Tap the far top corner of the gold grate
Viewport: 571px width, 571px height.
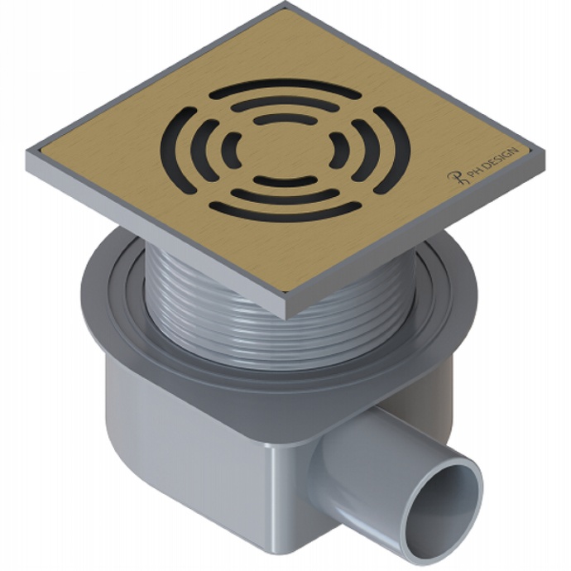coord(285,8)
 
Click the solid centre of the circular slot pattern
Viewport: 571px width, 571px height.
coord(285,150)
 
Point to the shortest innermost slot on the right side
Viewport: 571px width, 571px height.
coord(337,151)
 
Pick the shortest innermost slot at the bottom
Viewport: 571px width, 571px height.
coord(285,180)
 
